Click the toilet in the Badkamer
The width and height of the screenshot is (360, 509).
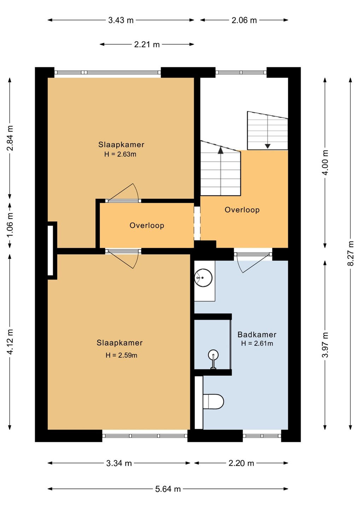[213, 402]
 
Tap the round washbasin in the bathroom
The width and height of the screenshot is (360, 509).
[203, 278]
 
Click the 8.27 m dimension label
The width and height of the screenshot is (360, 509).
[351, 253]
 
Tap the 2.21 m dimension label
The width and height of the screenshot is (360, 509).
[147, 45]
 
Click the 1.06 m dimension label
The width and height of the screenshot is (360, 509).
[10, 224]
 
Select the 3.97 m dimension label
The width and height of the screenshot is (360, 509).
[325, 345]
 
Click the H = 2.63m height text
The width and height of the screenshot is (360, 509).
[120, 154]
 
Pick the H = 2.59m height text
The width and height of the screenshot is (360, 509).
[121, 355]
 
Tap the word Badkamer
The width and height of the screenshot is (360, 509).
[257, 334]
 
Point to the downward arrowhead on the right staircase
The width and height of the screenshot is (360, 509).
[267, 146]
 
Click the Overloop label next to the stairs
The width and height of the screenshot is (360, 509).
[242, 210]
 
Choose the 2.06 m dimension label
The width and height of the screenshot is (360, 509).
[244, 21]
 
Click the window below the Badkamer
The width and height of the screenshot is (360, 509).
[262, 435]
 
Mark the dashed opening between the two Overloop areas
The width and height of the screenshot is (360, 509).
[197, 223]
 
